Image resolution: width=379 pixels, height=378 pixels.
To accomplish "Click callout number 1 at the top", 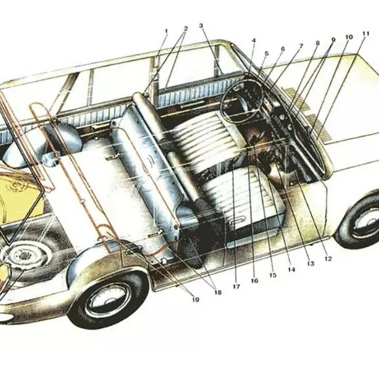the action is pos(166,31).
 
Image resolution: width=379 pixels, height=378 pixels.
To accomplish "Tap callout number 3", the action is pos(201,26).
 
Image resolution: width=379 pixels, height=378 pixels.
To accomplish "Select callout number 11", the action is pos(366,33).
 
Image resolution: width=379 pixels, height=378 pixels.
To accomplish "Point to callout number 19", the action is pos(196,300).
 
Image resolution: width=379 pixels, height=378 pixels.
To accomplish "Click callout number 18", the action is pos(218,293).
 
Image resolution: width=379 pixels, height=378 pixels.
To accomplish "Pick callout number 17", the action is pos(236,286).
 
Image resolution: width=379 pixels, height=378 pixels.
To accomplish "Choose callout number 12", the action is pos(328,259).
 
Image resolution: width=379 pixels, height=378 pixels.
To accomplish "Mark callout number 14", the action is pos(291,270).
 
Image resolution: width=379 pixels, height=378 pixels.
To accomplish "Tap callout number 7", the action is pos(301,45).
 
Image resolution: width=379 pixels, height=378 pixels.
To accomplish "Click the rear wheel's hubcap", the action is pos(108,300).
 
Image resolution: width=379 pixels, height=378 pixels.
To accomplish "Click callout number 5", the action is pos(266,53).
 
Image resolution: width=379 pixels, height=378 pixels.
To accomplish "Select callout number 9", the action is pos(333,39).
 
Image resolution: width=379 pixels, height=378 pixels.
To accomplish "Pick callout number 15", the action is pos(273,275).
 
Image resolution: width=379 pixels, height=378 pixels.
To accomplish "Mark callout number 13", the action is pos(310,264).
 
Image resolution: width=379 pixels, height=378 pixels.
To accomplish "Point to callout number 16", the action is pos(254,281).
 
